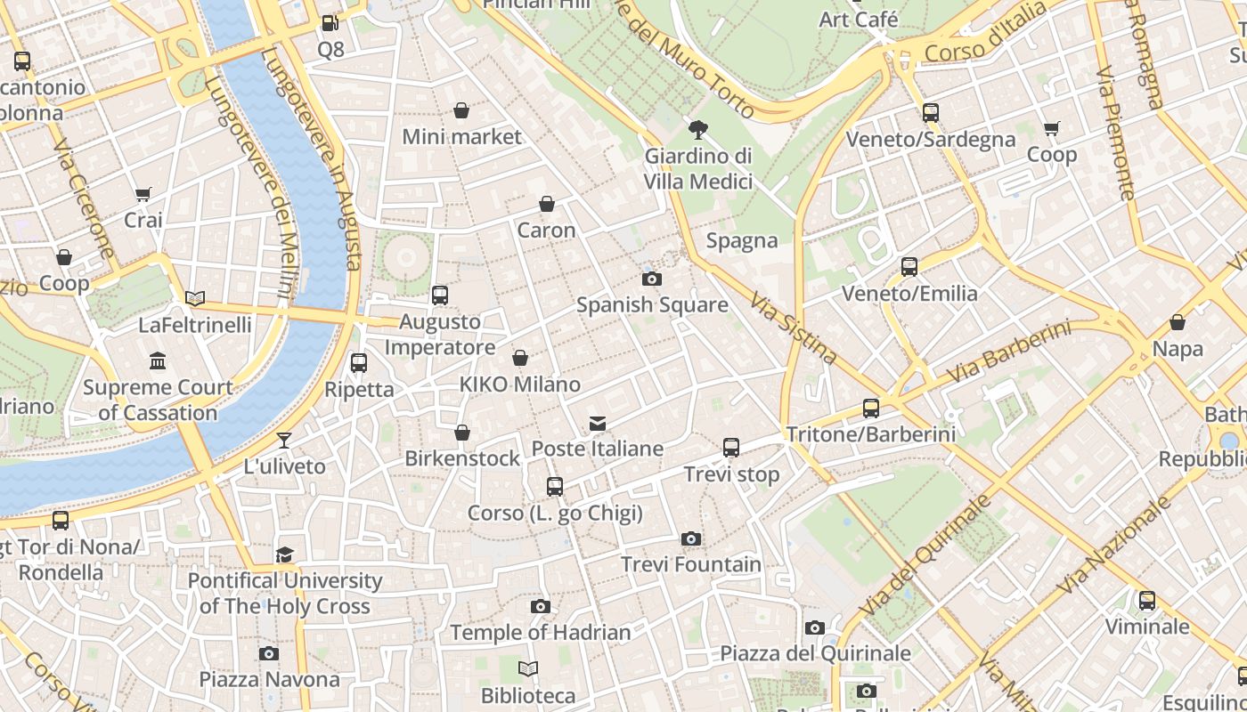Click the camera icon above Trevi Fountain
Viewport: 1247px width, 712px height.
coord(690,538)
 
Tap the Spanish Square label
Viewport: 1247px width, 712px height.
coord(652,305)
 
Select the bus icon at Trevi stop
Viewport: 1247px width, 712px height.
coord(731,448)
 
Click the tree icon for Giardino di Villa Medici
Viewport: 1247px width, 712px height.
coord(698,130)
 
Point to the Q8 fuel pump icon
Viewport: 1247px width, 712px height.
coord(330,23)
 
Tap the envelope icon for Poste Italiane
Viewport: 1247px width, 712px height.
coord(598,423)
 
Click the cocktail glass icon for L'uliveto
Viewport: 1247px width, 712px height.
coord(284,440)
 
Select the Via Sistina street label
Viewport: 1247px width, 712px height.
coord(793,328)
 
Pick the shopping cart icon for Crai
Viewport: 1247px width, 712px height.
coord(143,194)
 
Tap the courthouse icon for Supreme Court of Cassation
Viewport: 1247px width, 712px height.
coord(159,360)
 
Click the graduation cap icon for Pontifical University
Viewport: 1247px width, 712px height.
coord(284,554)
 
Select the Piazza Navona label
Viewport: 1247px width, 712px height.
coord(269,680)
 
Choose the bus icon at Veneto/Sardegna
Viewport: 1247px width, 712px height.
coord(931,113)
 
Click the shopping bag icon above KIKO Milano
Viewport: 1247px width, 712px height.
coord(520,358)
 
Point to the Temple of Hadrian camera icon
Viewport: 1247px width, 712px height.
coord(540,606)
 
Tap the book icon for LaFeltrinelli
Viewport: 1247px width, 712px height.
coord(195,298)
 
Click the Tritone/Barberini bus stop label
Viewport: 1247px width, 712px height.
coord(870,434)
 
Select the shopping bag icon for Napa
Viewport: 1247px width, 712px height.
coord(1178,322)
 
